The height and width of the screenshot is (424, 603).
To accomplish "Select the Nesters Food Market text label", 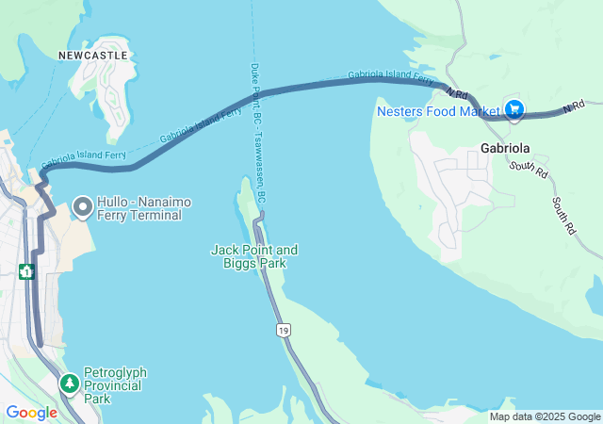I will pyautogui.click(x=438, y=111).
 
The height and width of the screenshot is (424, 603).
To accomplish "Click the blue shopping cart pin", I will pyautogui.click(x=514, y=110).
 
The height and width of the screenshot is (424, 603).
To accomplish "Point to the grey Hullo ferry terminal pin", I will pyautogui.click(x=83, y=204).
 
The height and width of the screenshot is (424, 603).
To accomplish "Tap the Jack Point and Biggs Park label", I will pyautogui.click(x=253, y=256).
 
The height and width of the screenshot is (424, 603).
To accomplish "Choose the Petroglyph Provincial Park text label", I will pyautogui.click(x=115, y=385).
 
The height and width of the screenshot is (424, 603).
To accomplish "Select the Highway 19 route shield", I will pyautogui.click(x=283, y=330).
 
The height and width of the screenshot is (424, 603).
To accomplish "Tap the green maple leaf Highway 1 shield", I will pyautogui.click(x=26, y=271).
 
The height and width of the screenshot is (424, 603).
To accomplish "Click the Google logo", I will pyautogui.click(x=31, y=413).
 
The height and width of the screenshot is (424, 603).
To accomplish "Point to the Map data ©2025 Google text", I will pyautogui.click(x=545, y=416).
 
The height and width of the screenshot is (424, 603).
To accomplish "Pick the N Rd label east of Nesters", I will pyautogui.click(x=574, y=107).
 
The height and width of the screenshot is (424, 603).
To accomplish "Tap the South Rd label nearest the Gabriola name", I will pyautogui.click(x=528, y=170).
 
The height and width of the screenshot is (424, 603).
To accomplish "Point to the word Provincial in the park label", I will pyautogui.click(x=115, y=385).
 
